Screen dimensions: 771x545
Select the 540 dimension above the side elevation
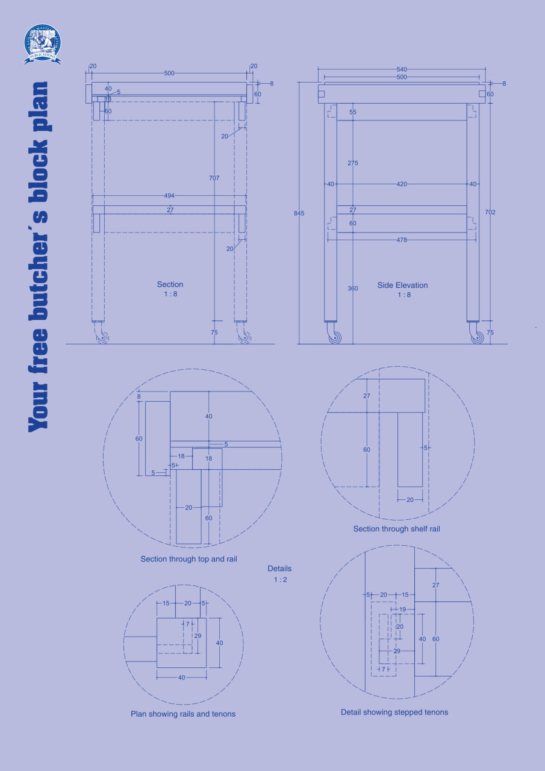[402, 70]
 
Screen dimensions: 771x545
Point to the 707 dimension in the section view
[214, 178]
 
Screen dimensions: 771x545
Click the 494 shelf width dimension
[169, 195]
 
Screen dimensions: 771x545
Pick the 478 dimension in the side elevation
[402, 240]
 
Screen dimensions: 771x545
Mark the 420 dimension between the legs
[402, 184]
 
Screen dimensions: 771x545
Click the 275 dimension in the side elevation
[353, 163]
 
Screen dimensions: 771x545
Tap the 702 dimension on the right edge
[490, 212]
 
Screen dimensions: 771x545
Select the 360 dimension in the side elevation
[353, 289]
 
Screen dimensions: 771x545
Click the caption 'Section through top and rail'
[188, 559]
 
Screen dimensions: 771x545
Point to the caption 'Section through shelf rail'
[396, 529]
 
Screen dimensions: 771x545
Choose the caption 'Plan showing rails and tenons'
[183, 714]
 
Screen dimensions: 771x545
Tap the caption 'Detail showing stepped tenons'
[394, 712]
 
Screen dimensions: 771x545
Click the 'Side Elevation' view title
[403, 285]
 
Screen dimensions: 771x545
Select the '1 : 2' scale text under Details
[279, 579]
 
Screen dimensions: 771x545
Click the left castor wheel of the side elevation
[335, 337]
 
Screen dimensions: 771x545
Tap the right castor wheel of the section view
[244, 338]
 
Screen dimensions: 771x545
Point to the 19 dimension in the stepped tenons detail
[403, 610]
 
